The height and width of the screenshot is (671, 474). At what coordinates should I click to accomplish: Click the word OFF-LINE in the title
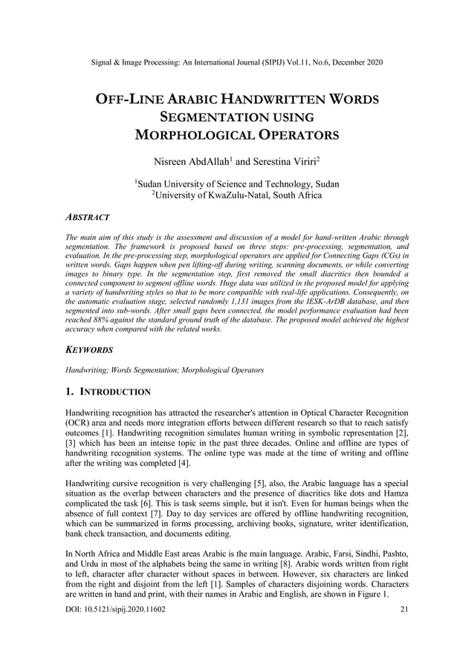tap(130, 100)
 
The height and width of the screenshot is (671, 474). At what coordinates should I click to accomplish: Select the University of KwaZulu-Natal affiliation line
tap(237, 195)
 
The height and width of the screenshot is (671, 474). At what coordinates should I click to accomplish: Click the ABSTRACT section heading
tap(88, 217)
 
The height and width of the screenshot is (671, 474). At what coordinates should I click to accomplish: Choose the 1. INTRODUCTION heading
tap(108, 391)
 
